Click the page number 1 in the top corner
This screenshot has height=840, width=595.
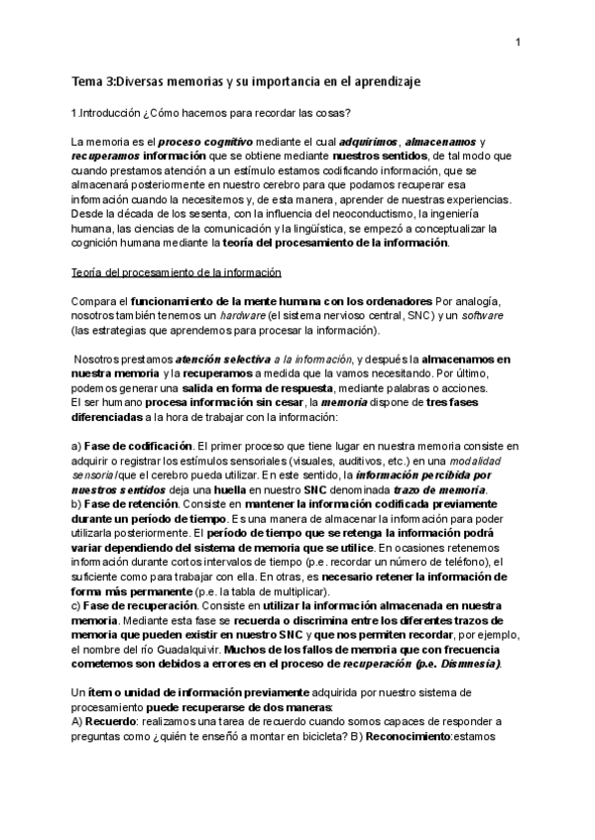[518, 43]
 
